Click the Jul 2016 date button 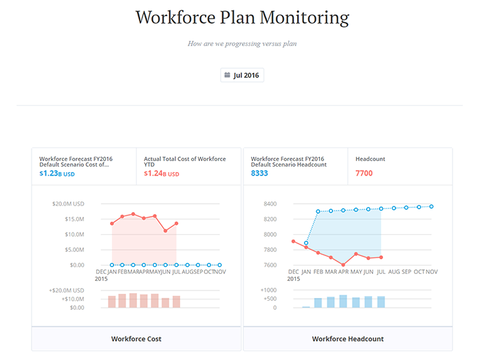click(242, 75)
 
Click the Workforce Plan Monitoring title click(242, 17)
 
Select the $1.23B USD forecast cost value click(57, 173)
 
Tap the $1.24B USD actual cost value click(162, 173)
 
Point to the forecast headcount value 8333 click(259, 173)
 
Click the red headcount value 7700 click(364, 173)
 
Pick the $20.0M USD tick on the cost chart click(68, 204)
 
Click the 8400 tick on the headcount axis click(271, 204)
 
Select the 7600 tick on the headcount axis click(271, 265)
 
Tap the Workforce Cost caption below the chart click(136, 339)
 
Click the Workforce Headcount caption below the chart click(348, 339)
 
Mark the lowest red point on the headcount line click(343, 265)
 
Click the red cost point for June click(166, 231)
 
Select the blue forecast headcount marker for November click(431, 207)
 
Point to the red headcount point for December click(294, 242)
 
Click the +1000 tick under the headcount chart click(268, 290)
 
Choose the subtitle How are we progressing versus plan click(242, 44)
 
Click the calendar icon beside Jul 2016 click(228, 75)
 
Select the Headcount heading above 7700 click(370, 159)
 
